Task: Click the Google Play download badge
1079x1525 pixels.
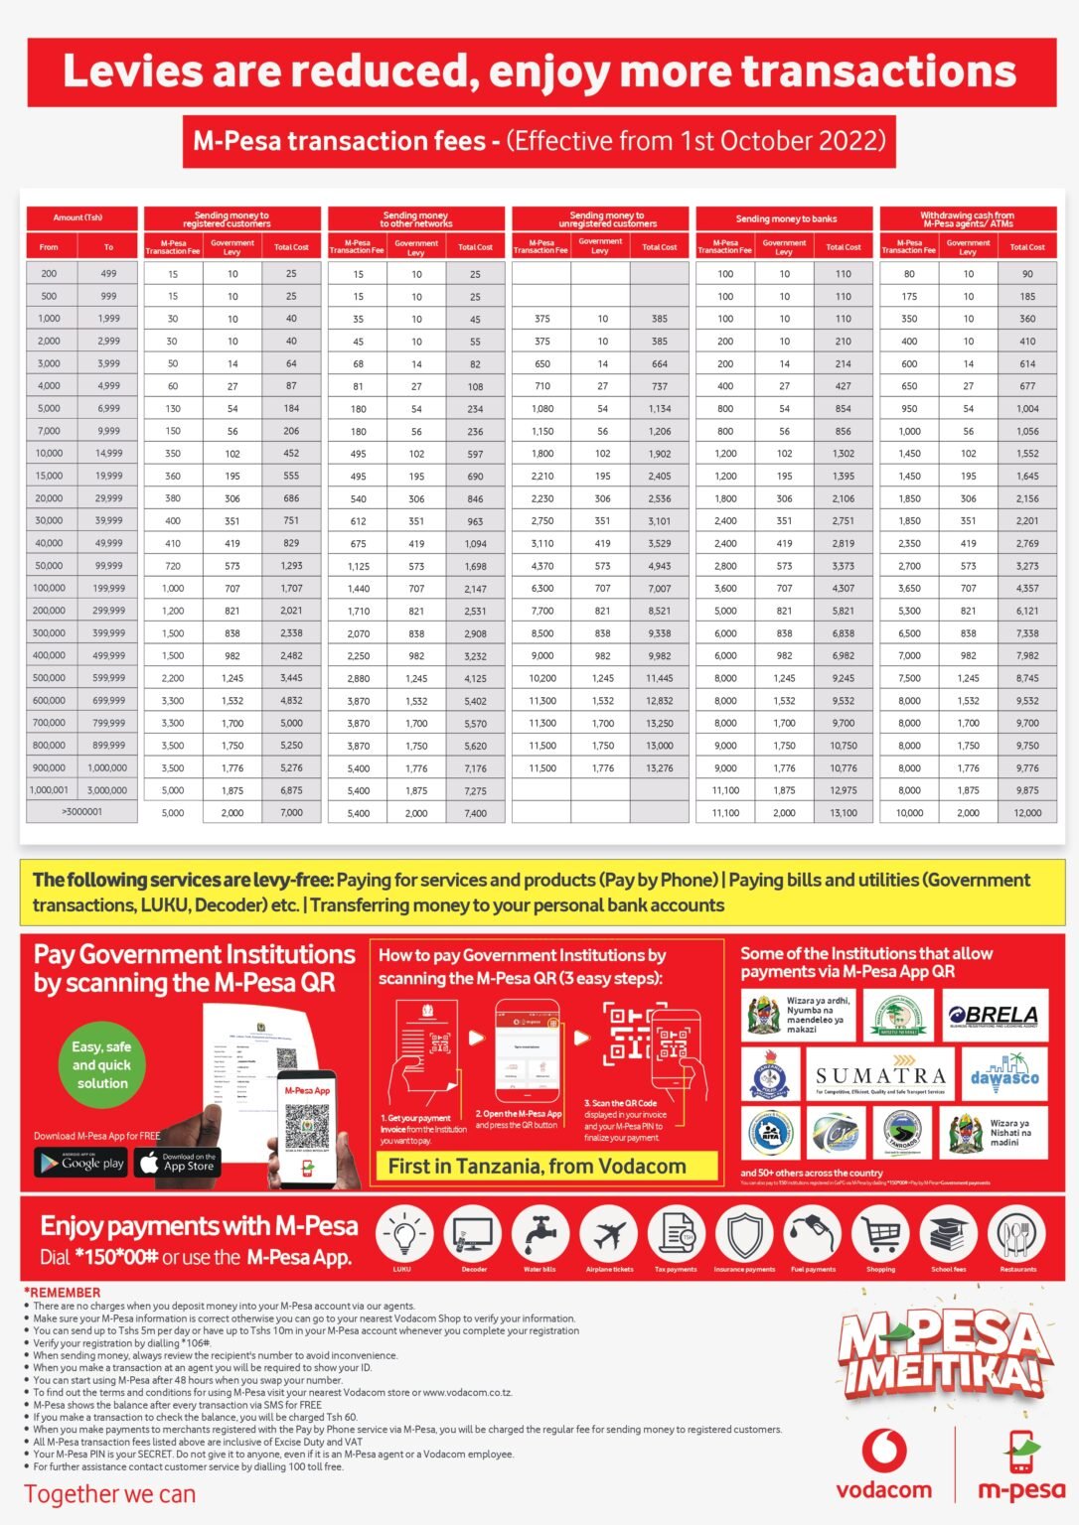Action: click(x=81, y=1163)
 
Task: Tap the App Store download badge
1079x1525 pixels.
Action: click(x=178, y=1163)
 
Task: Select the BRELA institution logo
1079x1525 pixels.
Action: click(x=996, y=1015)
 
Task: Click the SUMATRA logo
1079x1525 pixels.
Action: click(x=880, y=1076)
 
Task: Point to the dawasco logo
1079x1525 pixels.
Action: click(x=1004, y=1077)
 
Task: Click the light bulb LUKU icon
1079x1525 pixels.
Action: click(x=402, y=1235)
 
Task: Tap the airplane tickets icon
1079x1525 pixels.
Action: click(x=608, y=1235)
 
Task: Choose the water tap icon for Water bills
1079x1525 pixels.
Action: click(x=539, y=1235)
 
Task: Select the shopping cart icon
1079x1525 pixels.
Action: click(x=880, y=1235)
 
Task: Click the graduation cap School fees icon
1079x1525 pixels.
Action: click(x=949, y=1235)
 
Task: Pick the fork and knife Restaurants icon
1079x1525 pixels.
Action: click(x=1017, y=1235)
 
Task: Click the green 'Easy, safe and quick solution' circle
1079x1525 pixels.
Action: click(x=101, y=1065)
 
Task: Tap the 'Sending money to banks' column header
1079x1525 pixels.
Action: click(x=785, y=218)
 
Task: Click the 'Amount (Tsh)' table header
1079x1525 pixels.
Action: click(x=78, y=217)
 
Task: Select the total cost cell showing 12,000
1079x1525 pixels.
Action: click(x=1027, y=813)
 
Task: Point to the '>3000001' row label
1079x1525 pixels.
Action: click(x=81, y=812)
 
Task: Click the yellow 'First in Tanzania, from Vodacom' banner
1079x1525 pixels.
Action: click(x=537, y=1167)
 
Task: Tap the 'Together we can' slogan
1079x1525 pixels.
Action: click(x=110, y=1494)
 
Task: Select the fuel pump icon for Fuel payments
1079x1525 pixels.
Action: click(x=813, y=1235)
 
